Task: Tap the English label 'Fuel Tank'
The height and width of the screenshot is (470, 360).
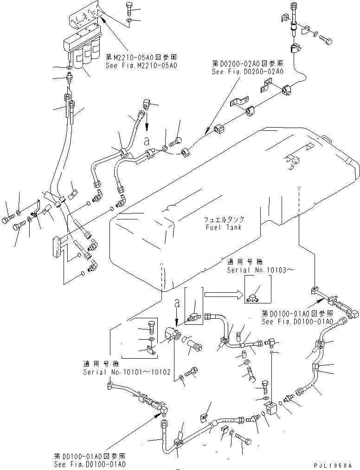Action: tap(224, 227)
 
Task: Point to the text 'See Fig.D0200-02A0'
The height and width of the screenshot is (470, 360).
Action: tap(247, 72)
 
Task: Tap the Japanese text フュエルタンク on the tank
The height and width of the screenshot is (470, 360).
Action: tap(225, 220)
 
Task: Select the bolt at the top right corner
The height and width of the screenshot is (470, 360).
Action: tap(326, 40)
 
